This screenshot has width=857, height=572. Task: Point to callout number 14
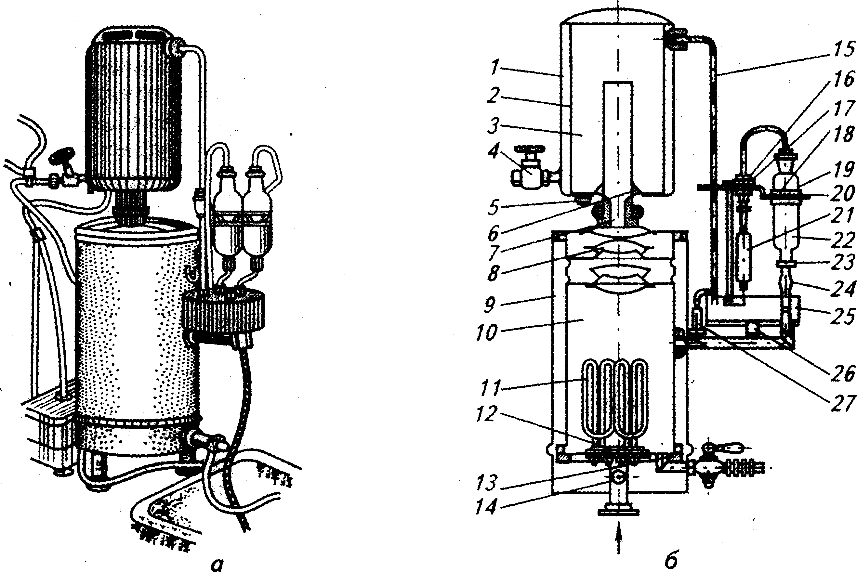(x=487, y=507)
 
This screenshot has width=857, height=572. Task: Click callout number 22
(x=843, y=239)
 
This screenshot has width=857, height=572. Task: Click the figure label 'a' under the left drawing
(x=218, y=564)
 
